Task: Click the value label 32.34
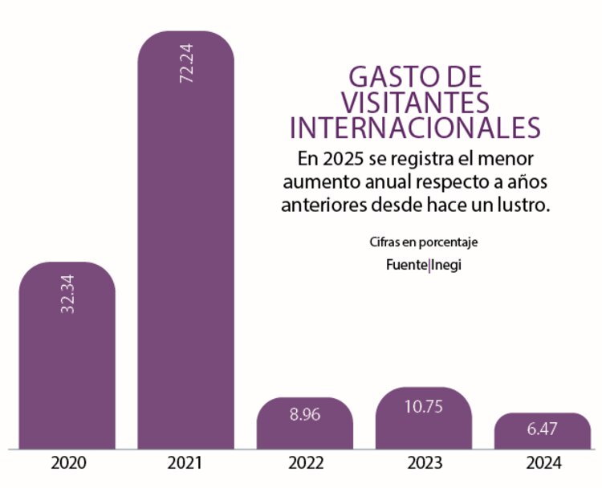click(x=67, y=292)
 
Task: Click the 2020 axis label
click(x=68, y=464)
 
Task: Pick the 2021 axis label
click(x=186, y=464)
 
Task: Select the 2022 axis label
click(x=304, y=464)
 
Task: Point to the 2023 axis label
click(x=423, y=464)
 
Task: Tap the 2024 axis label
click(x=543, y=464)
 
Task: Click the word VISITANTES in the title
click(x=415, y=103)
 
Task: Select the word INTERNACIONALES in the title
click(x=415, y=128)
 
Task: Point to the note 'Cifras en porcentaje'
click(x=416, y=242)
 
